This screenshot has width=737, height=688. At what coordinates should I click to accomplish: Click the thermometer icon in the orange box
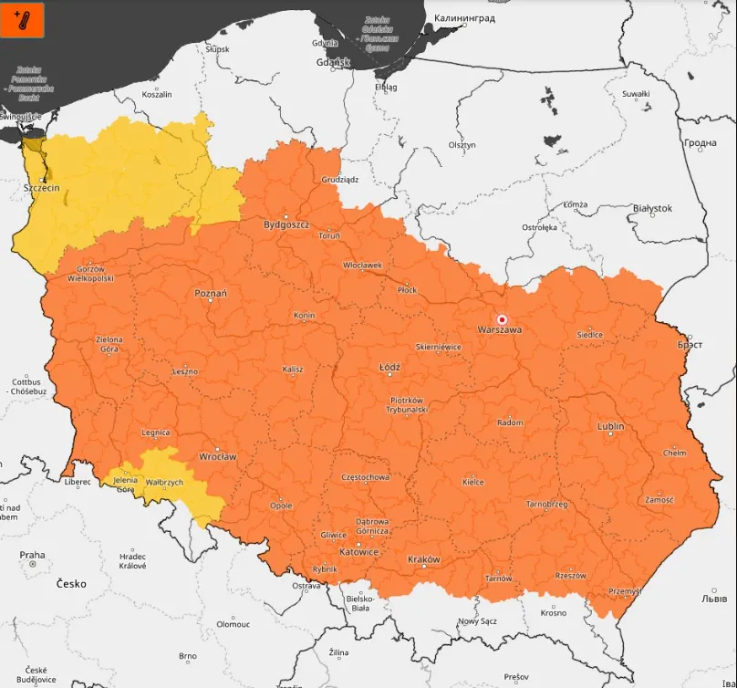(23, 20)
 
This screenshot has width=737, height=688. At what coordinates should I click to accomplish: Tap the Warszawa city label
(500, 330)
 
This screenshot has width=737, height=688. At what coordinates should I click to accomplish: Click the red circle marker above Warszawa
(501, 318)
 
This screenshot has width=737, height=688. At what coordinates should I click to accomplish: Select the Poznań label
(211, 294)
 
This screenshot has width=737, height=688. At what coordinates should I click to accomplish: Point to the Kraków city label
(423, 559)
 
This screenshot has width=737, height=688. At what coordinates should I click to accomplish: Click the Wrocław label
(218, 456)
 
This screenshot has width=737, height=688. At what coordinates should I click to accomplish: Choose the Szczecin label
(41, 187)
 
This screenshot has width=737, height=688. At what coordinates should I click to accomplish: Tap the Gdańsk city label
(333, 62)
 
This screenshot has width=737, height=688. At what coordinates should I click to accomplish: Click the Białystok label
(651, 208)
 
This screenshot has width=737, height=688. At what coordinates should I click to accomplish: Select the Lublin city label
(610, 426)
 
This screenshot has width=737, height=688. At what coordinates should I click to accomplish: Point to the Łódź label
(389, 367)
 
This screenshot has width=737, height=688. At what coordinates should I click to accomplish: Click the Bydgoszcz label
(286, 224)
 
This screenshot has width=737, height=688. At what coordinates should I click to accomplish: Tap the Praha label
(32, 555)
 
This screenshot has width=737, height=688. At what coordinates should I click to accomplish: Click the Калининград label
(464, 17)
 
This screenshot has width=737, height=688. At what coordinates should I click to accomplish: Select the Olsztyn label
(462, 145)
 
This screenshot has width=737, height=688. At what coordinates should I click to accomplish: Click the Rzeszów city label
(570, 576)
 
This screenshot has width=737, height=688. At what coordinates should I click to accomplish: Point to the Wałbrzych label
(165, 482)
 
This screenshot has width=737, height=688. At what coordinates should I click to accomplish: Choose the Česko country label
(71, 584)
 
